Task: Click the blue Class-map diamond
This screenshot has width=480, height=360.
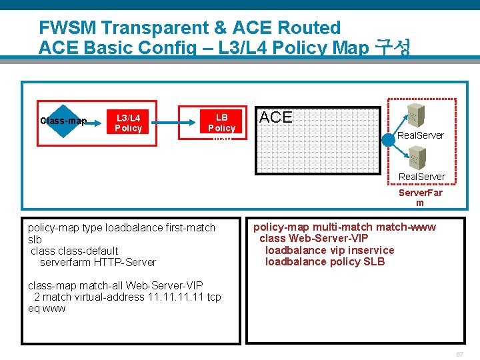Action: tap(63, 121)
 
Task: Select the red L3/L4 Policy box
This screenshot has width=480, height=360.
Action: tap(128, 123)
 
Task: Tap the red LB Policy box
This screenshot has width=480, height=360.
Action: tap(221, 123)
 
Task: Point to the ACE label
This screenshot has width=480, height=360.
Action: tap(276, 117)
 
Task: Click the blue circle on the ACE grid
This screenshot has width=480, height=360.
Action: tap(389, 140)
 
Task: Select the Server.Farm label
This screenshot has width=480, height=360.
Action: tap(419, 197)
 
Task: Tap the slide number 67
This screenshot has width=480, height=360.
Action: tap(460, 353)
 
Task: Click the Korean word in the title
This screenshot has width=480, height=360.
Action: tap(393, 47)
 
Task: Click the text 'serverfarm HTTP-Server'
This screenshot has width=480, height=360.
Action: tap(98, 262)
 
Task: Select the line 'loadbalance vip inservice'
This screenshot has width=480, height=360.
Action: tap(329, 250)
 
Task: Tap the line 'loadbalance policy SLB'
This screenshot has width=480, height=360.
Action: tap(325, 261)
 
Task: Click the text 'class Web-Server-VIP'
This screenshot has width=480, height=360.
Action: tap(314, 239)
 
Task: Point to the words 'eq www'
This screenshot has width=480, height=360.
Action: tap(47, 309)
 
